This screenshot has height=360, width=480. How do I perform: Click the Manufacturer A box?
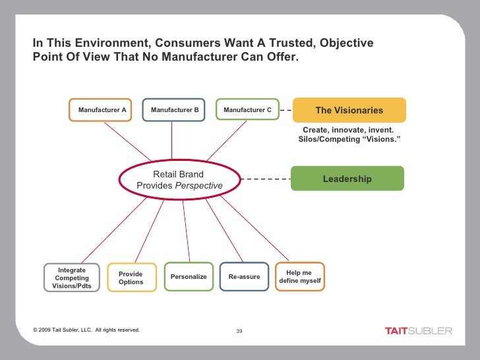[x=102, y=109]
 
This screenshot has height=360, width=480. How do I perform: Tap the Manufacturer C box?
[x=247, y=109]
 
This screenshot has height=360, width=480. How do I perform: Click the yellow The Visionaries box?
[x=349, y=110]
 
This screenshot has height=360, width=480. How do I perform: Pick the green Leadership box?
[x=347, y=179]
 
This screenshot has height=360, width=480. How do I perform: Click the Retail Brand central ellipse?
[x=179, y=179]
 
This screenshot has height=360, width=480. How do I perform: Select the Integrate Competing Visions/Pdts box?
[x=72, y=278]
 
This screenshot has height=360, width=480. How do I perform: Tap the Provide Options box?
[x=131, y=278]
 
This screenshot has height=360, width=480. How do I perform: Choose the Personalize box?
[x=189, y=277]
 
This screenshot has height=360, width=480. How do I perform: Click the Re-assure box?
[x=244, y=277]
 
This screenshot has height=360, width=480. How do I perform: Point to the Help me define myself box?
[x=300, y=277]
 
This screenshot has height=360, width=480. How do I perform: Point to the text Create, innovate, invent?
[x=348, y=130]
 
